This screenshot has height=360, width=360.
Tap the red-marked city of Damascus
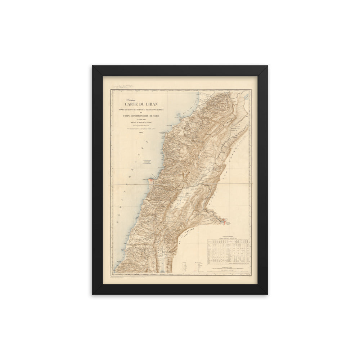225,221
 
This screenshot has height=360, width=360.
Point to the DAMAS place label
229,225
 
